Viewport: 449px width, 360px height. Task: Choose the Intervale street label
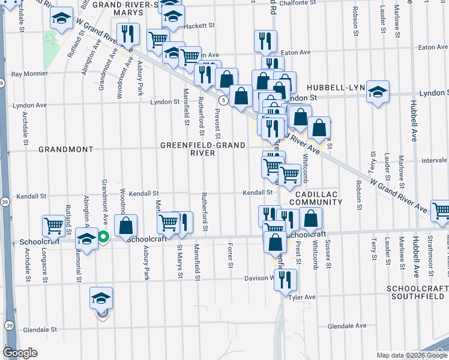[x=434, y=161]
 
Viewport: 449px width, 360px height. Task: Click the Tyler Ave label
[x=302, y=297]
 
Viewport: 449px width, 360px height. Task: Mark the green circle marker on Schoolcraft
[x=103, y=237]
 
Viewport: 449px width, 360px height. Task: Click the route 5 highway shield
[x=223, y=100]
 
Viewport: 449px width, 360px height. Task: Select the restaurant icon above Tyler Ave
[x=285, y=279]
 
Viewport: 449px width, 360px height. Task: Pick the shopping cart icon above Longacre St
[x=53, y=226]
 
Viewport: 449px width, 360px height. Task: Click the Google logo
[x=20, y=353]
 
